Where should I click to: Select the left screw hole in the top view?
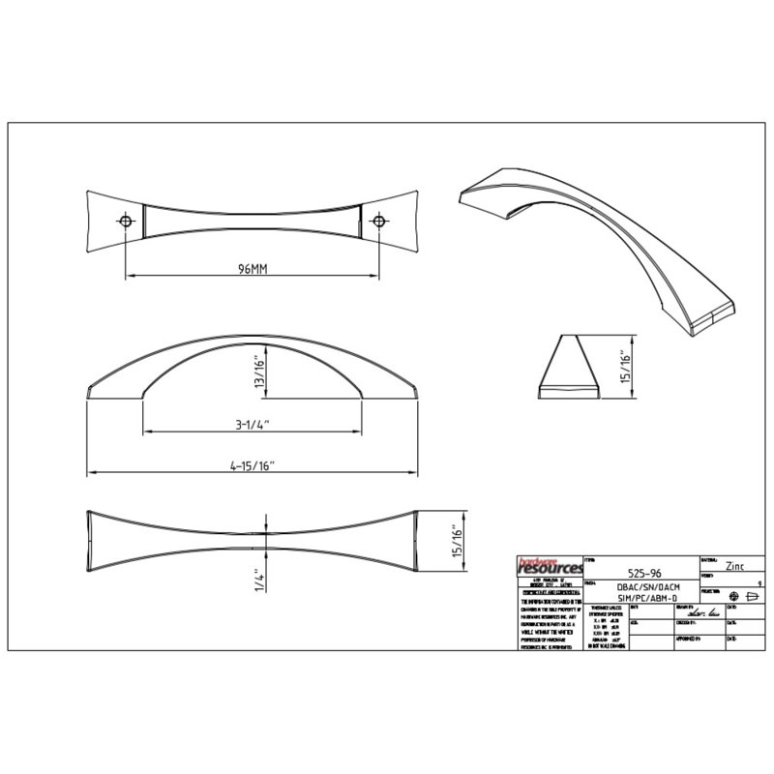pos(126,222)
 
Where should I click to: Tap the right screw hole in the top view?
pos(379,222)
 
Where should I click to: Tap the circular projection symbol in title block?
pos(734,596)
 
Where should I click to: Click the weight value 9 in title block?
pos(761,584)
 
